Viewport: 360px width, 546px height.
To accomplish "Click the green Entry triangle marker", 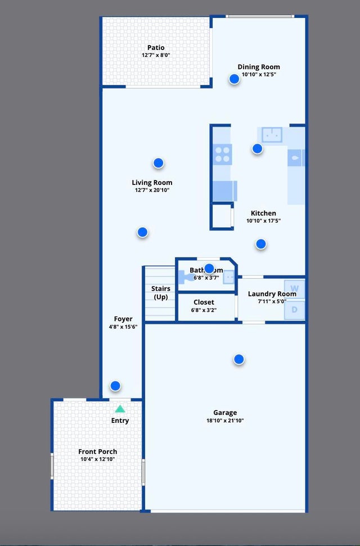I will coord(120,409).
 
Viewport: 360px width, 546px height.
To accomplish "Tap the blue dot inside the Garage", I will coord(239,359).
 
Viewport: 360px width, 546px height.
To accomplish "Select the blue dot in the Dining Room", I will coord(235,79).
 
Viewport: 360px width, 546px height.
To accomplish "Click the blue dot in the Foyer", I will coord(115,386).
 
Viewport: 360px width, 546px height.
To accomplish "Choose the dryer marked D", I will coord(294,310).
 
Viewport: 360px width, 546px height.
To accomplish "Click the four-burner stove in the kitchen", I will coord(223,154).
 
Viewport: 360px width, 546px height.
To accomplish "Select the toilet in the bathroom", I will coord(186,277).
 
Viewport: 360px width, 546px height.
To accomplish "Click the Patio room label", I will coord(156,48).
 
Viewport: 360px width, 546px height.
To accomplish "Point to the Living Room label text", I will coord(152,182).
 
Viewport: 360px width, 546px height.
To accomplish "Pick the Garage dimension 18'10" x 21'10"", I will coord(224,421).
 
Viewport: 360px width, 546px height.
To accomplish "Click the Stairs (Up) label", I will coord(161,292).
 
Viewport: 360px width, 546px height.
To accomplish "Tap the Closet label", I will coord(204,302).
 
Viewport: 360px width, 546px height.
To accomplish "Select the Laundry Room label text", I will coord(272,294).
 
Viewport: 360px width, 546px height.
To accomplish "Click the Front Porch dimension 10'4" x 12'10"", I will coord(98,459).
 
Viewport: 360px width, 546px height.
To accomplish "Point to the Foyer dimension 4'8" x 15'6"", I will coord(123,327).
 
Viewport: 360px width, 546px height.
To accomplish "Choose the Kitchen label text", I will coord(263,213).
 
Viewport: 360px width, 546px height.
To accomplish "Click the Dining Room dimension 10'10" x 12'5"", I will coord(258,75).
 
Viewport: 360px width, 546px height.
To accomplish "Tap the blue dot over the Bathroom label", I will coord(209,269).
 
